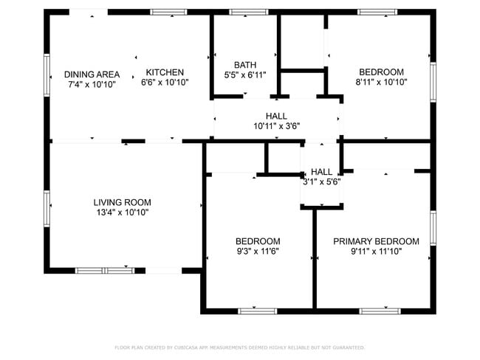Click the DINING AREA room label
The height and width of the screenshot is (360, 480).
coord(92,74)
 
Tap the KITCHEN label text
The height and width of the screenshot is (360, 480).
coord(165,72)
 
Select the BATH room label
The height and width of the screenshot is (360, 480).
coord(245,64)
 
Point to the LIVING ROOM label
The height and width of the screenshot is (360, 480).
coord(122,202)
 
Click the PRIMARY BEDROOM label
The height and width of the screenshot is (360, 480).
coord(376,241)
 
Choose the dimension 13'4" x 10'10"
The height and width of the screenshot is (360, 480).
coord(122,212)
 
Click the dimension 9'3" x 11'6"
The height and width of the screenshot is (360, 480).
coord(258,251)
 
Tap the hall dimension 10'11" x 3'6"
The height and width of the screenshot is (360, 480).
coord(276,126)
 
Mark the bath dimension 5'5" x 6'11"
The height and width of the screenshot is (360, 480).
coord(245,75)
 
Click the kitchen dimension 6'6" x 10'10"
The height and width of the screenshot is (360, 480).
coord(165,82)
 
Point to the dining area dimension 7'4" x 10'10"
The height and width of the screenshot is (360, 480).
coord(92,84)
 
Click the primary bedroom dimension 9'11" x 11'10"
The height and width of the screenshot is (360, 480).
coord(376,252)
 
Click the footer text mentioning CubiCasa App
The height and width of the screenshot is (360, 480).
coord(239,347)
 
